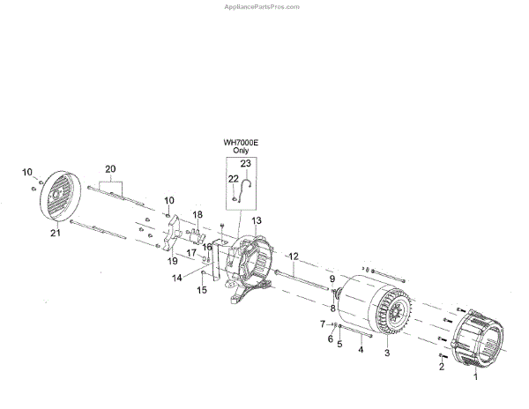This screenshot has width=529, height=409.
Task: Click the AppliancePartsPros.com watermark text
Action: (264, 6)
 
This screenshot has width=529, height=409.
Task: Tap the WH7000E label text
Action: (241, 142)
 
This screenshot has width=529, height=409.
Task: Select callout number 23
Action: (245, 164)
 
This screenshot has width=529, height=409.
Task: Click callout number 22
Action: (233, 179)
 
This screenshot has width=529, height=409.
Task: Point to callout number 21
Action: (55, 233)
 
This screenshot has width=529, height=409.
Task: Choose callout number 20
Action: (110, 168)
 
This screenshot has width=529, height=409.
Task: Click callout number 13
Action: (257, 220)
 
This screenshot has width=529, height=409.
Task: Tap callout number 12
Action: (294, 257)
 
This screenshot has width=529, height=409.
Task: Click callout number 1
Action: (477, 376)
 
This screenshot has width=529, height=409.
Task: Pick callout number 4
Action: (360, 349)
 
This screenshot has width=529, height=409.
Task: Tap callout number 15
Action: (202, 290)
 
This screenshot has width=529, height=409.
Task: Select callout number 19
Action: (173, 261)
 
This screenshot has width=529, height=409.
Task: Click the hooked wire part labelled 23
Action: (250, 184)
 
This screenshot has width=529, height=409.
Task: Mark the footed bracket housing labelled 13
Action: (250, 264)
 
